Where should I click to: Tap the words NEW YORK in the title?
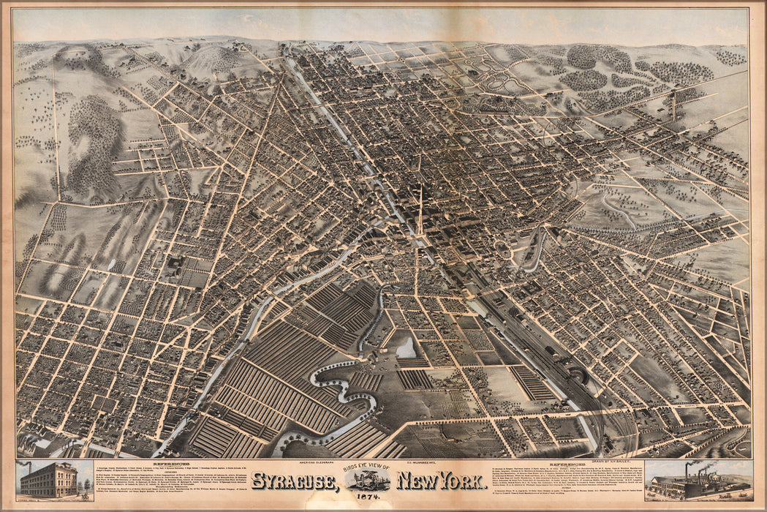coord(442,482)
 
